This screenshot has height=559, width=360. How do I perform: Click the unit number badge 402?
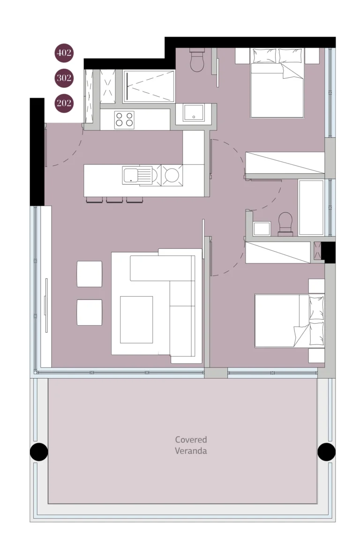click(x=64, y=52)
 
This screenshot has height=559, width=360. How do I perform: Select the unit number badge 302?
click(x=64, y=78)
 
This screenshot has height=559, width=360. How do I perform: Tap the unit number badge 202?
click(x=64, y=103)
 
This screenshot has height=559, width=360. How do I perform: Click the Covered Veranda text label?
click(x=191, y=445)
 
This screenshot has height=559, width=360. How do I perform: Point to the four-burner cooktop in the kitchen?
click(x=124, y=119)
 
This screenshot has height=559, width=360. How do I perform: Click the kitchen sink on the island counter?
click(x=138, y=175)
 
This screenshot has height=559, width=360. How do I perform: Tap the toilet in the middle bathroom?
click(x=285, y=224)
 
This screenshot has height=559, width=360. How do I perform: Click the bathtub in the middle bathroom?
click(x=311, y=208)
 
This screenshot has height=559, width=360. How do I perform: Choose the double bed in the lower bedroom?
click(x=289, y=321)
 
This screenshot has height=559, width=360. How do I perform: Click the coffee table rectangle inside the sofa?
click(x=136, y=320)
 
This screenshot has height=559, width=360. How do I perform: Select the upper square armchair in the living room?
click(x=90, y=274)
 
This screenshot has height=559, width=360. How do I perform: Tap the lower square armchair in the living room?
click(x=90, y=312)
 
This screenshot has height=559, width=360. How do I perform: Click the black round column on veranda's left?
click(x=39, y=452)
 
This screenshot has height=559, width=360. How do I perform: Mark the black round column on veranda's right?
click(x=326, y=452)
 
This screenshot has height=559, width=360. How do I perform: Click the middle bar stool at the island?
click(x=114, y=200)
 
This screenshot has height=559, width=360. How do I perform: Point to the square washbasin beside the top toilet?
click(x=193, y=113)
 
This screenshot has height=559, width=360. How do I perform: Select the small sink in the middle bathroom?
click(x=262, y=229)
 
